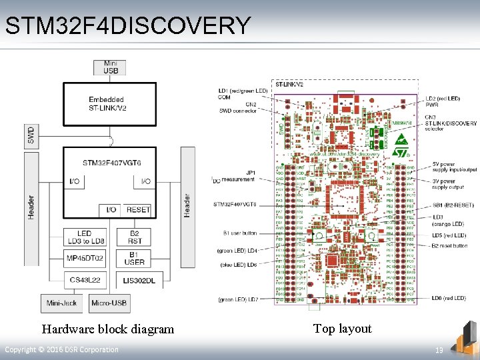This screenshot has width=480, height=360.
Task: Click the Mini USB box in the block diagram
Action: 110,67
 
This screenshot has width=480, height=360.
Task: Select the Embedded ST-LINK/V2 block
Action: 109,104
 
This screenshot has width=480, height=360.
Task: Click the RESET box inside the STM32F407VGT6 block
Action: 138,209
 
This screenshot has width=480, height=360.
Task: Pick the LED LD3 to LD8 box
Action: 85,237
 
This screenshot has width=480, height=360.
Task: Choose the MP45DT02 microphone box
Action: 85,258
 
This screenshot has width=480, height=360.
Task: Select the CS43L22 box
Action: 85,281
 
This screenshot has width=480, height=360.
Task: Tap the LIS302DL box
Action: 139,281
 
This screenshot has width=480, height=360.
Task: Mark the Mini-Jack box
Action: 61,303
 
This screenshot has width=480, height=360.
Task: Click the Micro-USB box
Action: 109,303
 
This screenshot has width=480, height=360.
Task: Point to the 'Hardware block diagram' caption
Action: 107,329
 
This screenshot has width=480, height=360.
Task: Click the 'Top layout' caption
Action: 342,328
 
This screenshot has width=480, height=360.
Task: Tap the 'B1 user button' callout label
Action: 240,233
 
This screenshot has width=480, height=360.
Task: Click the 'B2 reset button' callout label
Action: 449,246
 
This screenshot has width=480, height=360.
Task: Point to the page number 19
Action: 439,350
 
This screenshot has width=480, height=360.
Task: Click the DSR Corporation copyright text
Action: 61,350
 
